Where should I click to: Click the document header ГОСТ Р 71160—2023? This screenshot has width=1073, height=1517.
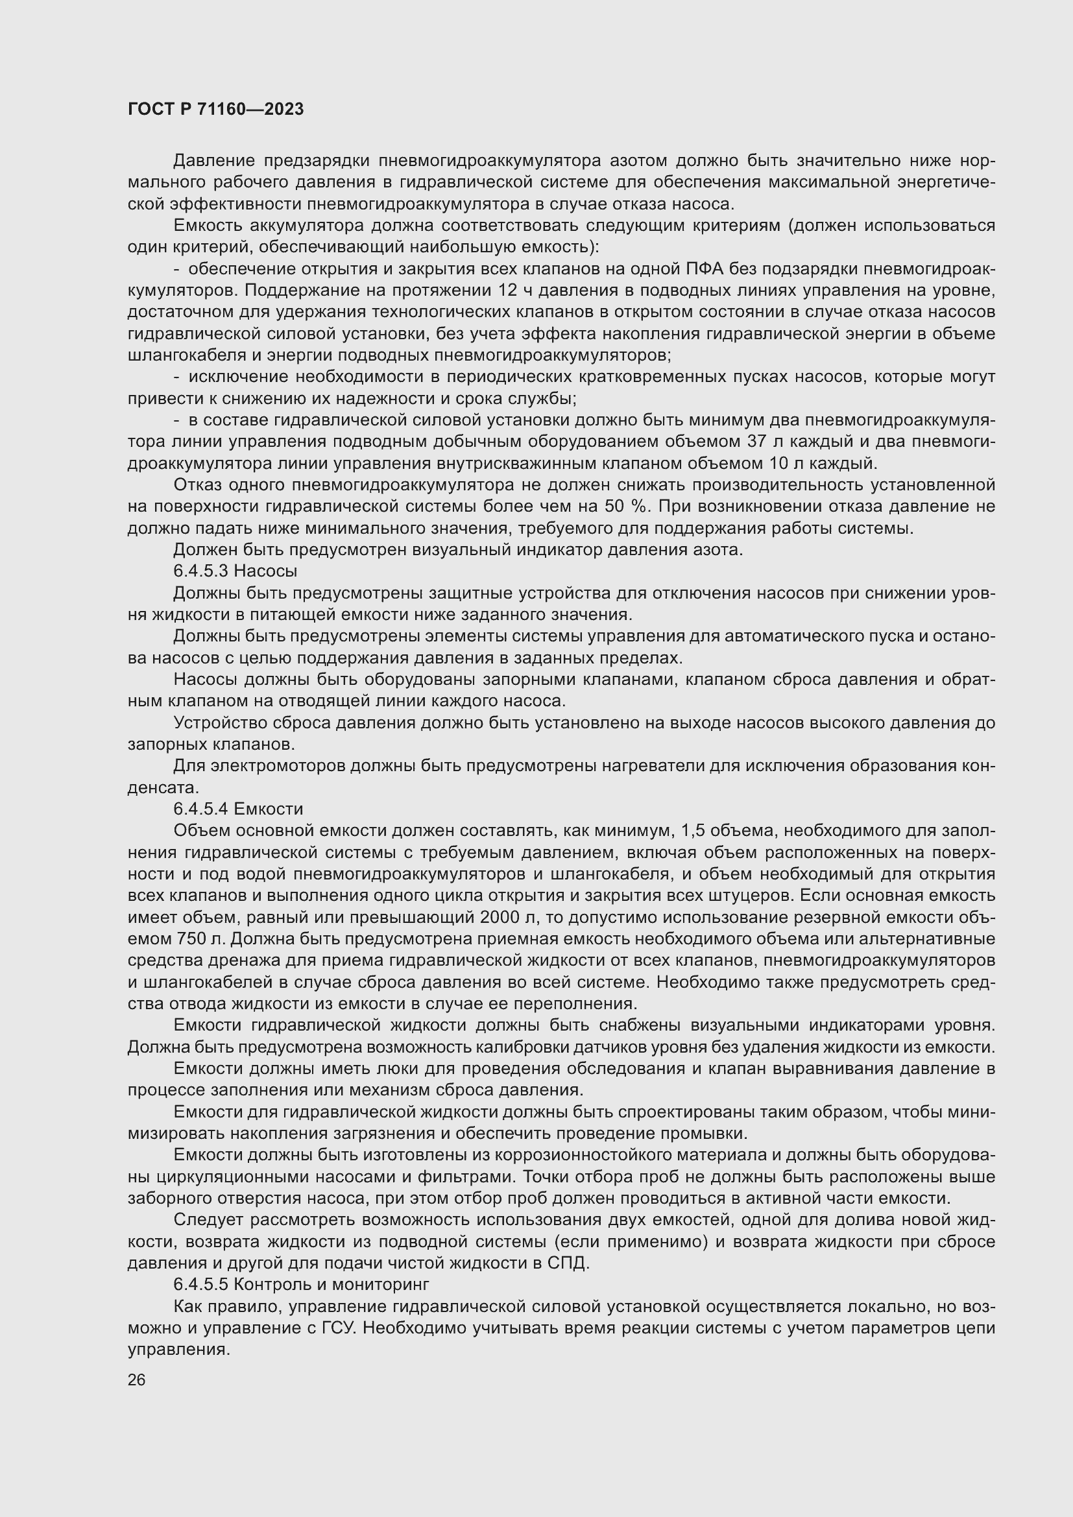pyautogui.click(x=215, y=109)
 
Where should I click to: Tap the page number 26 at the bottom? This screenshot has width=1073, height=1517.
pyautogui.click(x=136, y=1380)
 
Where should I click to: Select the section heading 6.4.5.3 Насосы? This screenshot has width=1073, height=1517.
pyautogui.click(x=235, y=570)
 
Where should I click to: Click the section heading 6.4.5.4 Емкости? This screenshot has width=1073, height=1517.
pyautogui.click(x=238, y=809)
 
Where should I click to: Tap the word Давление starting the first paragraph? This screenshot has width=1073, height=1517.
pyautogui.click(x=214, y=161)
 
